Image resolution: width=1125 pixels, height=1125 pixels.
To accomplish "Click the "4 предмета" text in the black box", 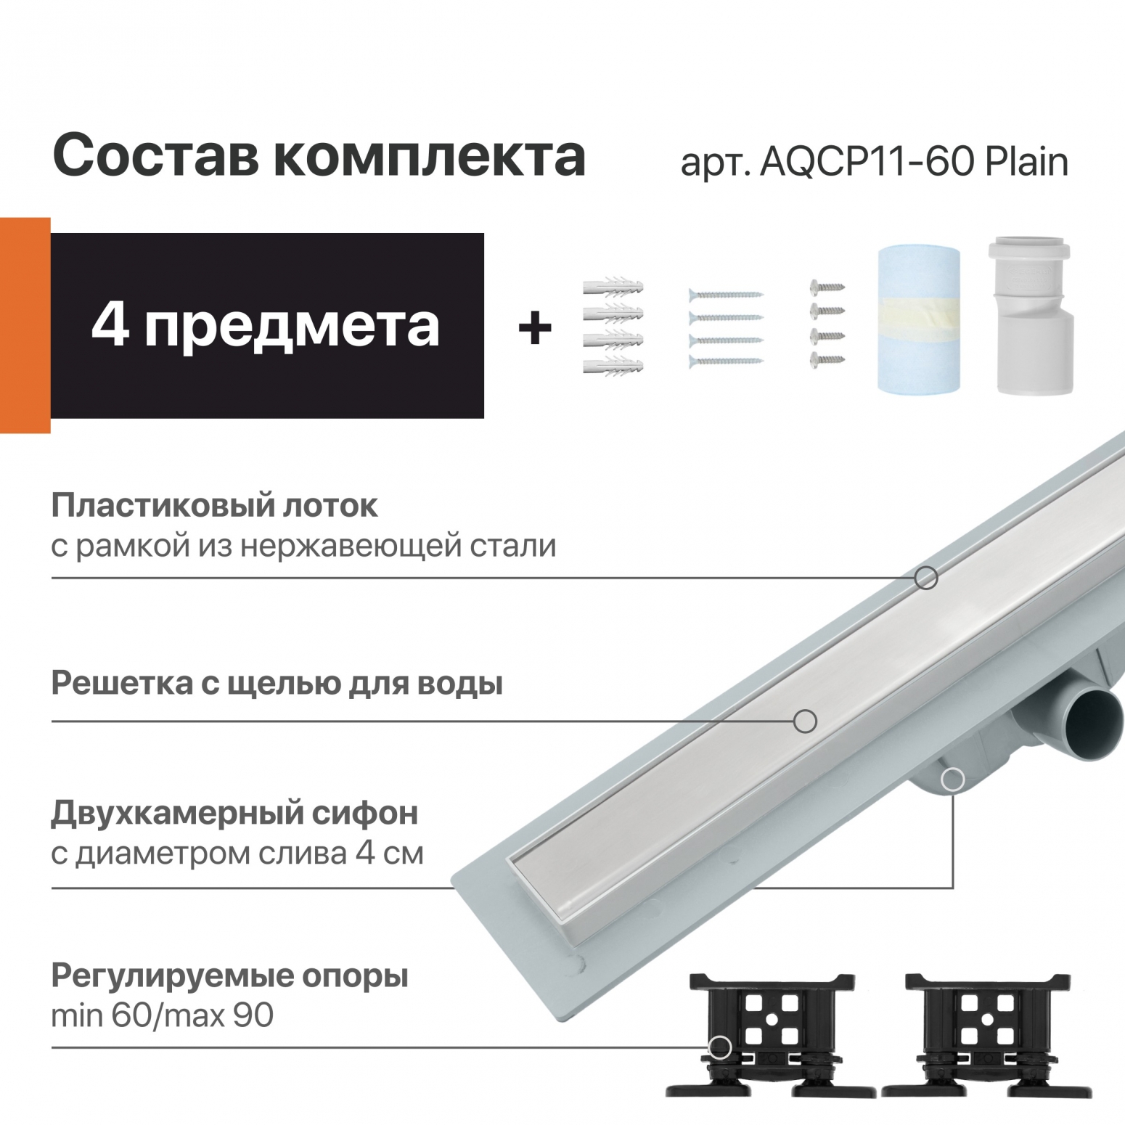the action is pos(266,326).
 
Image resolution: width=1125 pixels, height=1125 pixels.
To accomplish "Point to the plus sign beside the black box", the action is pos(535,328).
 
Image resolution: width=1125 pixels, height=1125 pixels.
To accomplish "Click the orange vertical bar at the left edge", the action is pos(25,324).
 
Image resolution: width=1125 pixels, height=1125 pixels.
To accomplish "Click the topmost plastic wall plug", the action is pos(613,288).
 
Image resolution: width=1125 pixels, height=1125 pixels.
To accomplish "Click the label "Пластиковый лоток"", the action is pos(215,507).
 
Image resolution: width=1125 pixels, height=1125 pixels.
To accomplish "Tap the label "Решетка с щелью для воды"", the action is pos(277,684).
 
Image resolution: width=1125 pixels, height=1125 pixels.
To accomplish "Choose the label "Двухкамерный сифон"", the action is pos(234,814).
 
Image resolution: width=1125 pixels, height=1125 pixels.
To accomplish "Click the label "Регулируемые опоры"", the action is pos(229,976).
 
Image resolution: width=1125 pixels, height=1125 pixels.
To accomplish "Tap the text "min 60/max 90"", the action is pos(162,1015).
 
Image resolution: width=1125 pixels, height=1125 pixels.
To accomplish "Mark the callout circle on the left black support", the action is pos(719,1047).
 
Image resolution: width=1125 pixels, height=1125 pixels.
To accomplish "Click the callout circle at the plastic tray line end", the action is pos(925,578).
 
